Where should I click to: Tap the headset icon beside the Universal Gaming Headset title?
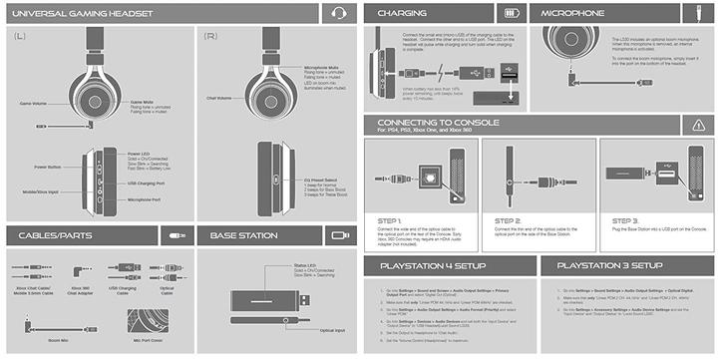[x=337, y=15]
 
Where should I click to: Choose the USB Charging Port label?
[x=146, y=183]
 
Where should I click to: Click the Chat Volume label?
[x=219, y=99]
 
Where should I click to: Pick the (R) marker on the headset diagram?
[x=210, y=36]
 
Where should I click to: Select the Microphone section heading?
[x=573, y=14]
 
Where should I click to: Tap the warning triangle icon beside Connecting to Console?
[x=696, y=125]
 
